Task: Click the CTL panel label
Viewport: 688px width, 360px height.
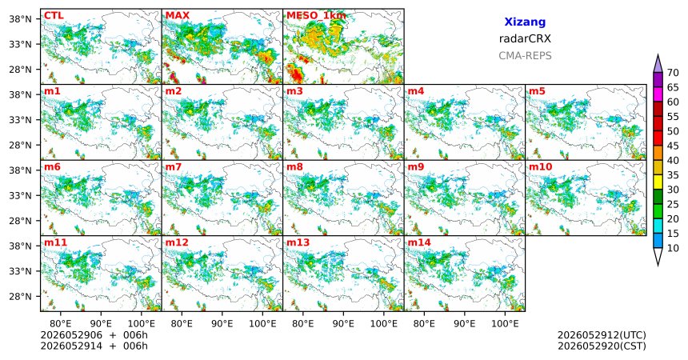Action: [54, 16]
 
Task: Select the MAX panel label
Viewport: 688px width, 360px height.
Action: [178, 16]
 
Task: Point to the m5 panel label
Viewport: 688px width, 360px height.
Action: [537, 91]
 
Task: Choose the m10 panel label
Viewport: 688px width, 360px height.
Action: [540, 167]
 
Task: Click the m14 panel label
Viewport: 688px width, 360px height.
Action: [419, 242]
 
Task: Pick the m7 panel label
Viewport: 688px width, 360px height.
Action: [174, 167]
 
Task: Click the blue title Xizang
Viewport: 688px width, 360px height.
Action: [525, 22]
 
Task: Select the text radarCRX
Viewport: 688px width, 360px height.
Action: [525, 38]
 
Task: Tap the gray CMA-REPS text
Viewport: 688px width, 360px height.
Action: [525, 56]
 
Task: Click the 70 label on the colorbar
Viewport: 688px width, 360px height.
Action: [673, 73]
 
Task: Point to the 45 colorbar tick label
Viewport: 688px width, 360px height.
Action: [673, 146]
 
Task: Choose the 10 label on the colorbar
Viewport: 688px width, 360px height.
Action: [673, 248]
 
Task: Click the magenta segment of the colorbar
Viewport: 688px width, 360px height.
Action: [658, 94]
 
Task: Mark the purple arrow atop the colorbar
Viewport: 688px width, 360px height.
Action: [658, 63]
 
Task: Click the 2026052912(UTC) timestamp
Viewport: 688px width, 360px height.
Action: [602, 335]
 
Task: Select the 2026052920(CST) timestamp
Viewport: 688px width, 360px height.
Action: [602, 346]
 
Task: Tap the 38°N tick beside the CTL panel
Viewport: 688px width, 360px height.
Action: [20, 19]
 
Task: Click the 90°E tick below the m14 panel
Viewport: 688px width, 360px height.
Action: [465, 324]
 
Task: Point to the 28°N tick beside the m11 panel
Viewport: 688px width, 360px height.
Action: [20, 296]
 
